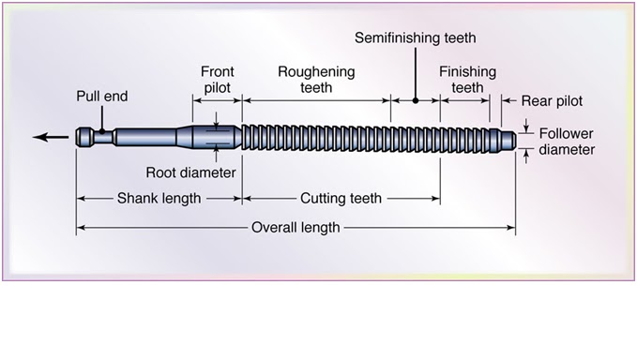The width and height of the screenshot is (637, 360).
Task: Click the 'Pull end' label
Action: (102, 96)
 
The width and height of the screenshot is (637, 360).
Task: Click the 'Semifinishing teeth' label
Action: (416, 38)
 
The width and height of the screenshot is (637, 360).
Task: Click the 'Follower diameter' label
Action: (566, 142)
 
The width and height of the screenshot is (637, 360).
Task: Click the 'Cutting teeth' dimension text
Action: (341, 199)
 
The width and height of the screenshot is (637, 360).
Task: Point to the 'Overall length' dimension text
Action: (296, 228)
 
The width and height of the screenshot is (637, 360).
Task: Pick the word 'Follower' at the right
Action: (566, 133)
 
